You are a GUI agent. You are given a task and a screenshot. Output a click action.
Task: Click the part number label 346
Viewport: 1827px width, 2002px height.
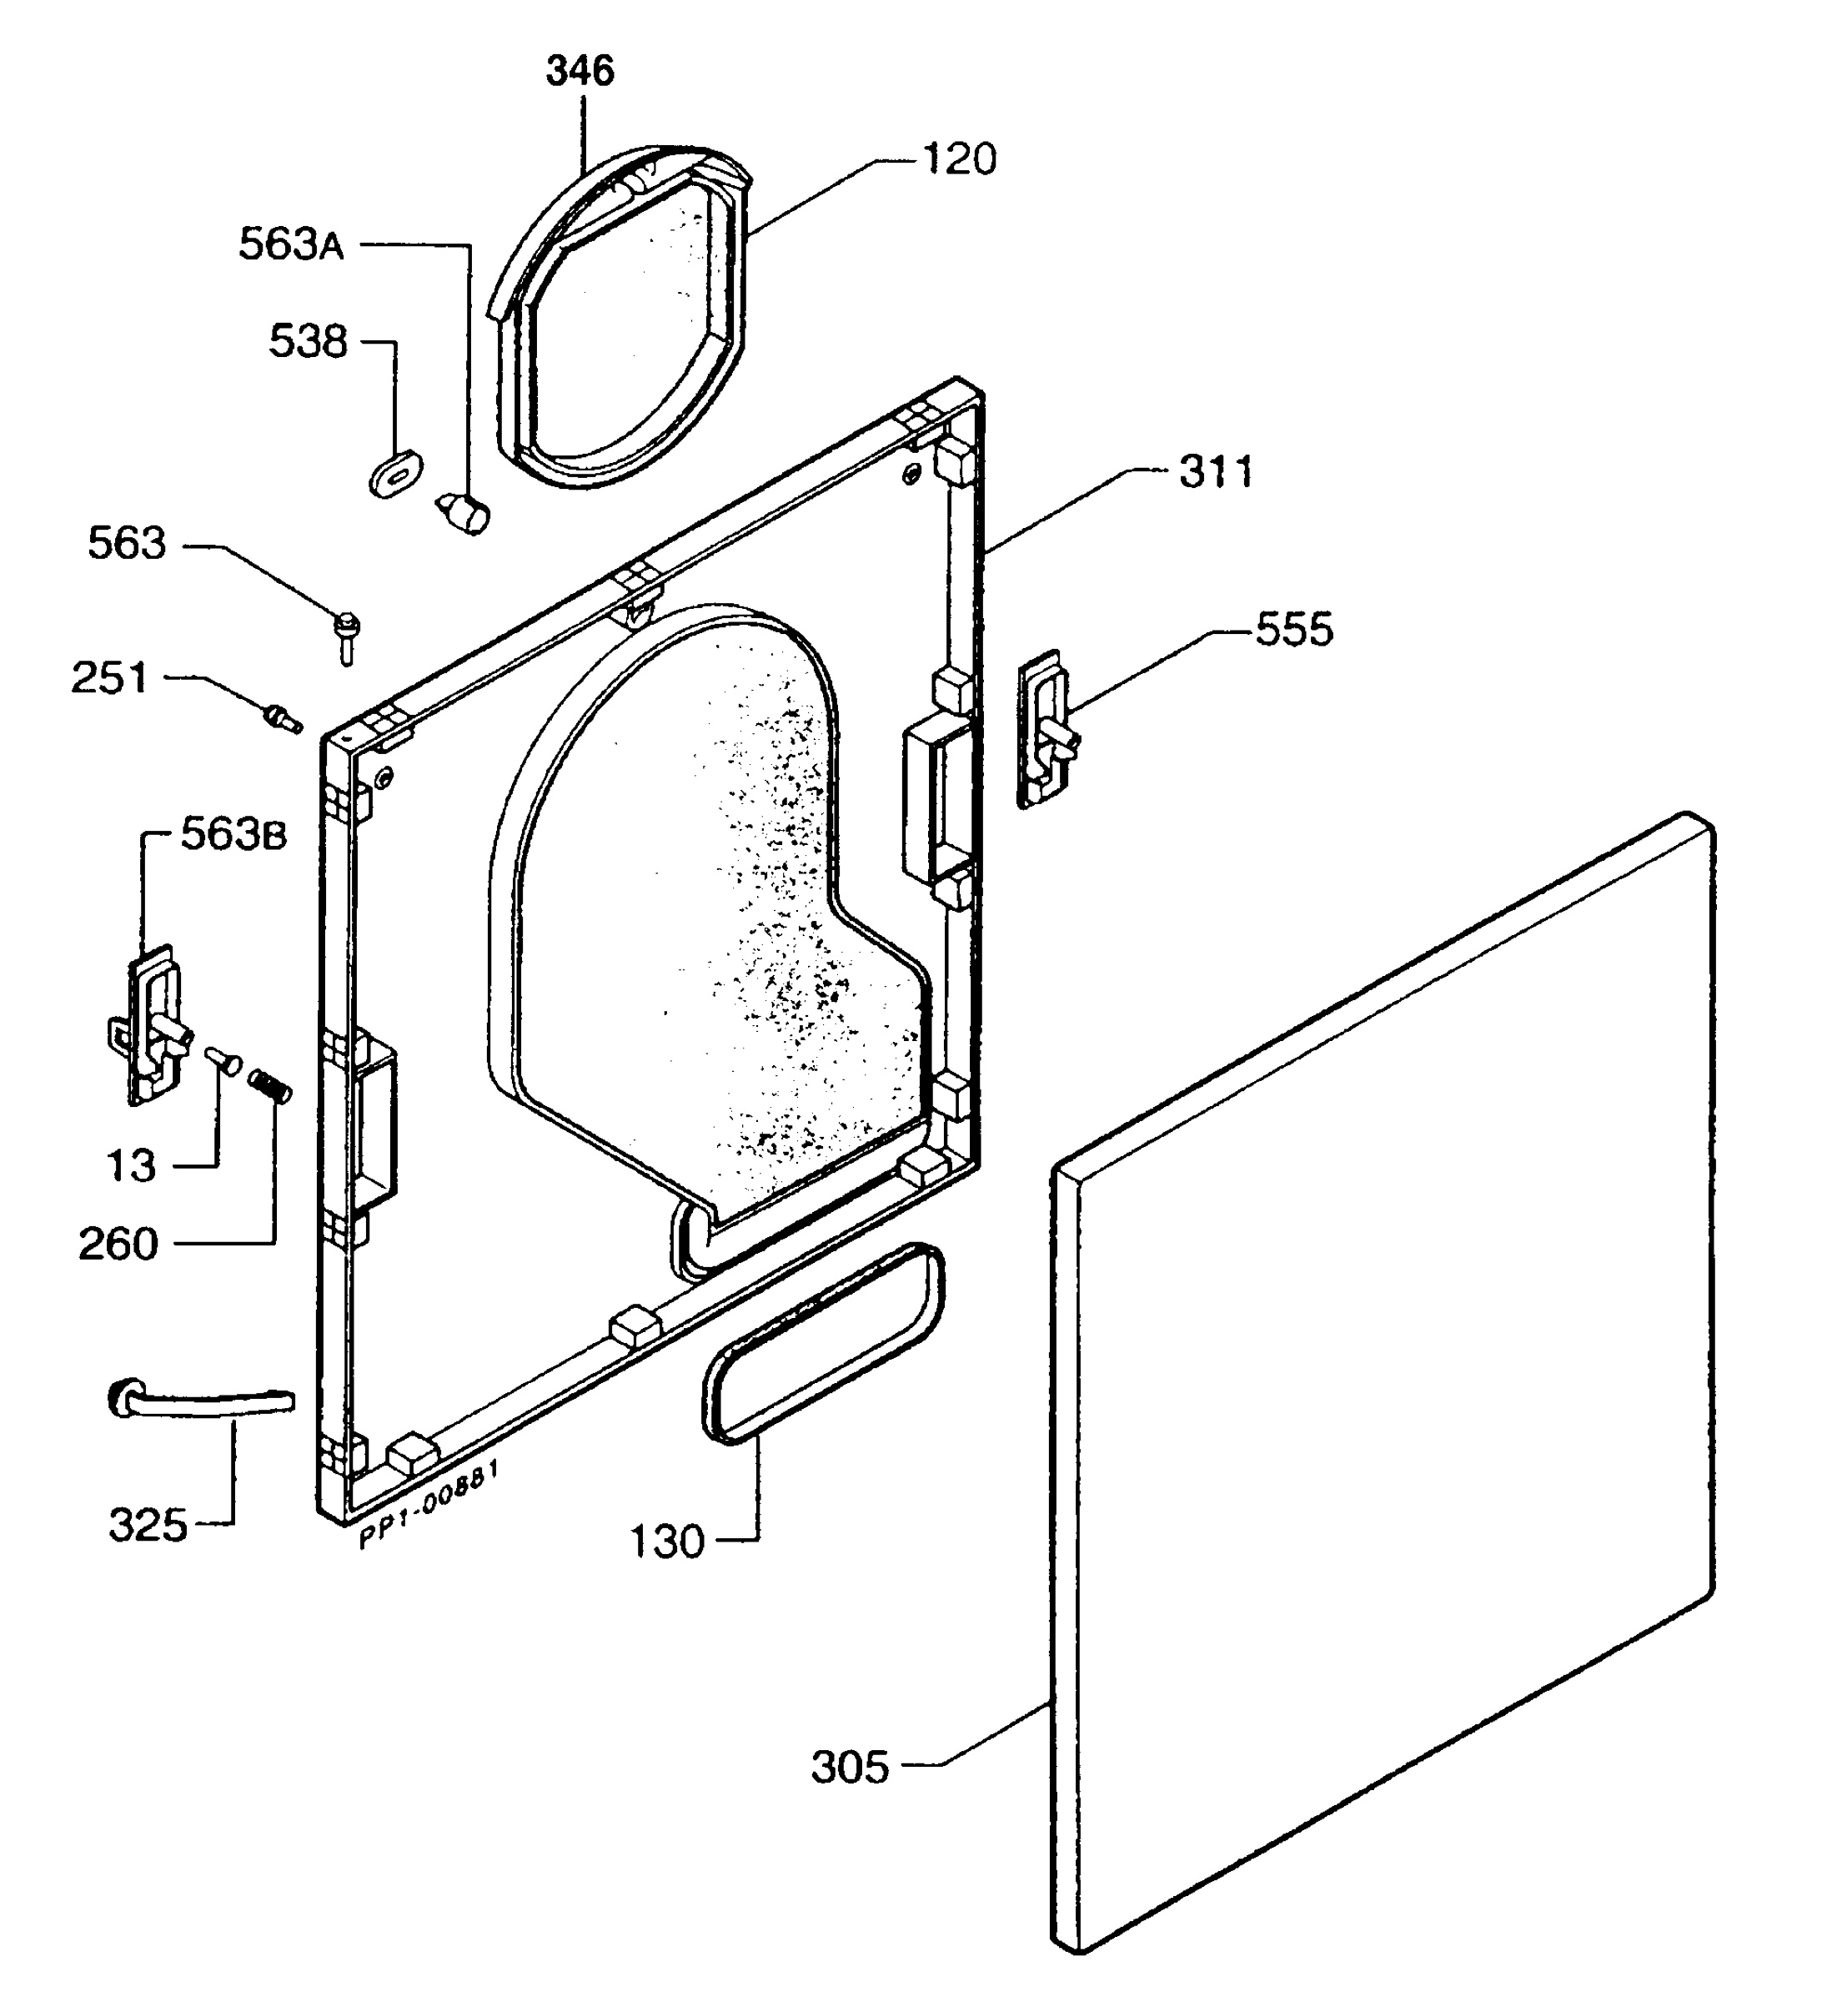pyautogui.click(x=581, y=72)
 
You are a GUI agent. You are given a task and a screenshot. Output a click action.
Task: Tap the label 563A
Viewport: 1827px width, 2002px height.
pyautogui.click(x=291, y=244)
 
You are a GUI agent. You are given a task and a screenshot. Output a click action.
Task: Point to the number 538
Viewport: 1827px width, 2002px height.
pyautogui.click(x=308, y=342)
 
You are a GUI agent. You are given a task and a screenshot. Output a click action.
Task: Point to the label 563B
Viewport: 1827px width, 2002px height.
pyautogui.click(x=233, y=835)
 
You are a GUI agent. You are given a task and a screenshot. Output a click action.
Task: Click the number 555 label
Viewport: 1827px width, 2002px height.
pyautogui.click(x=1295, y=630)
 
